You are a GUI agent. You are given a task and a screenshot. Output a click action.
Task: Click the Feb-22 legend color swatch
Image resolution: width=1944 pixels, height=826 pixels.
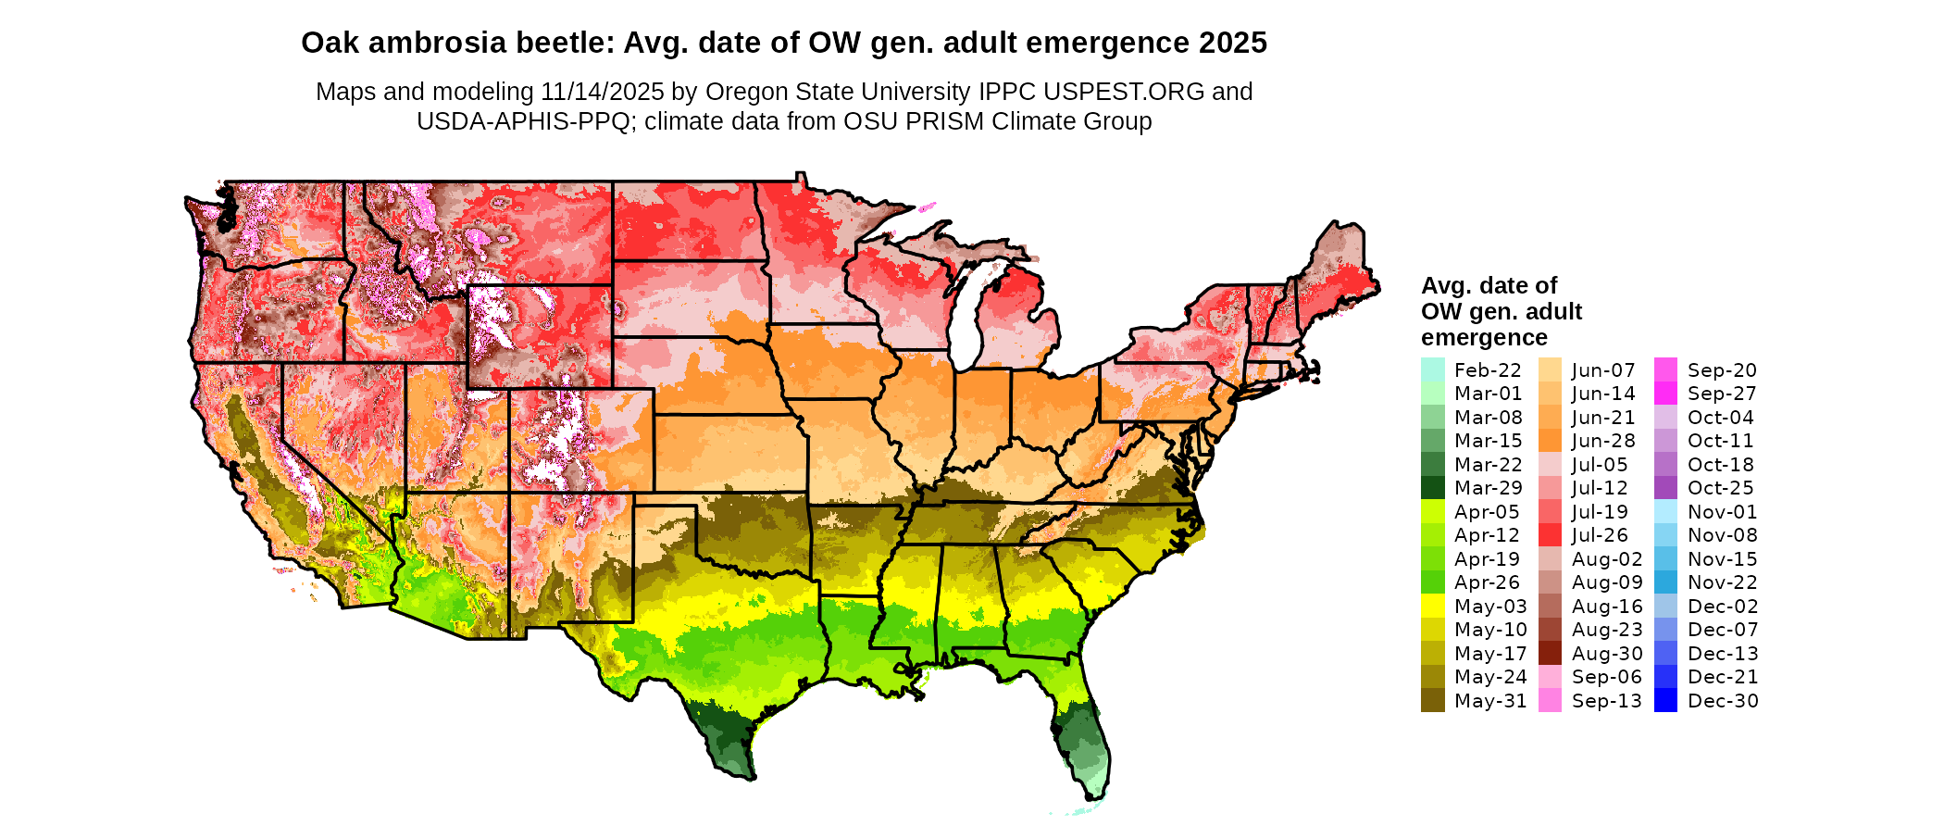click(x=1432, y=369)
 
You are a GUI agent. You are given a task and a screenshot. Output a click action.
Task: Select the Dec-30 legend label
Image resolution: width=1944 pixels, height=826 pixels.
click(x=1722, y=701)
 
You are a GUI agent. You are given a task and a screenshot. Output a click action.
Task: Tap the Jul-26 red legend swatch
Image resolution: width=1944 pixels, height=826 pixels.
click(x=1550, y=535)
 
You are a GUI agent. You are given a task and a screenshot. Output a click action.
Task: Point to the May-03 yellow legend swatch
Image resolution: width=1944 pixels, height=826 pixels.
click(x=1432, y=607)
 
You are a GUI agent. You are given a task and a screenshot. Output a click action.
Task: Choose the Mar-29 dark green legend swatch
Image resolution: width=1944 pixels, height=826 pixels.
click(x=1432, y=488)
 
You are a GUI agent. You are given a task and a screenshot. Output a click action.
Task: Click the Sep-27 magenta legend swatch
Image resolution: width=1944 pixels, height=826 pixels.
click(x=1665, y=394)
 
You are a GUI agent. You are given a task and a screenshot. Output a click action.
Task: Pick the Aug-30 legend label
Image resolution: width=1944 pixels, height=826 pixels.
click(x=1606, y=654)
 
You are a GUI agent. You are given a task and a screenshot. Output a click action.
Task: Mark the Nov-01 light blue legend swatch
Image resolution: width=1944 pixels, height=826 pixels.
click(x=1665, y=512)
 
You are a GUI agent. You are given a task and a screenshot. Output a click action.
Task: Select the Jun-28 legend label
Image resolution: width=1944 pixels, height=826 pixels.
click(x=1603, y=441)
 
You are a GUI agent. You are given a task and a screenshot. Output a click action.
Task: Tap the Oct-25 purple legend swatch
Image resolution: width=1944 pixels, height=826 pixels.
click(x=1665, y=488)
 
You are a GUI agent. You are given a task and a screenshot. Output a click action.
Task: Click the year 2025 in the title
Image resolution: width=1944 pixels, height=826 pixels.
click(x=1233, y=43)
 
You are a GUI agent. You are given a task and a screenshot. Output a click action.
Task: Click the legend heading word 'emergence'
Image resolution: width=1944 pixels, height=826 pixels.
click(x=1484, y=337)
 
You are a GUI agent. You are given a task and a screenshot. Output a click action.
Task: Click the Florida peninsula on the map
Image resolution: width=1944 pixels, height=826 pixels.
click(x=1083, y=741)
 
